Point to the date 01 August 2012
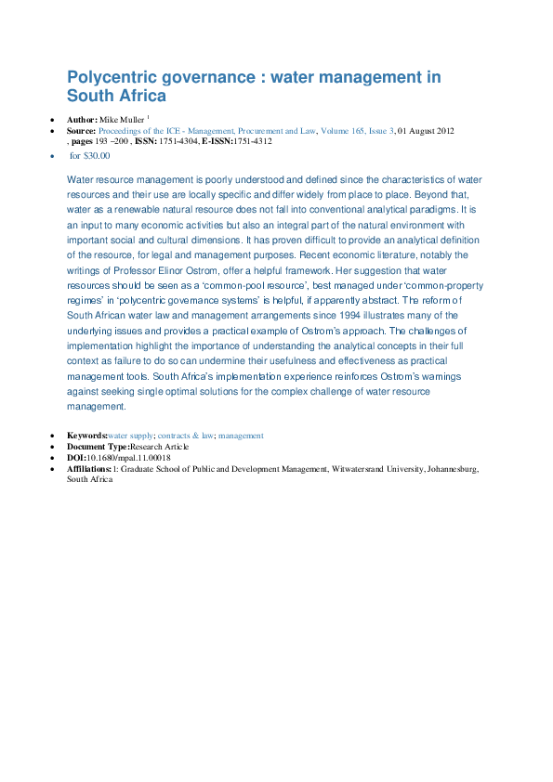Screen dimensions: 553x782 (x=426, y=132)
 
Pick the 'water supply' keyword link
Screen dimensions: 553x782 (x=130, y=435)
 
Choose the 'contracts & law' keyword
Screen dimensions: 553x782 (x=186, y=435)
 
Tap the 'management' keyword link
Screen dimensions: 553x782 (x=241, y=435)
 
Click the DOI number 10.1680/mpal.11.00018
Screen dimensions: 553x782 (x=129, y=458)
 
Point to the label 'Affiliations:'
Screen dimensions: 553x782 (x=89, y=470)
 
